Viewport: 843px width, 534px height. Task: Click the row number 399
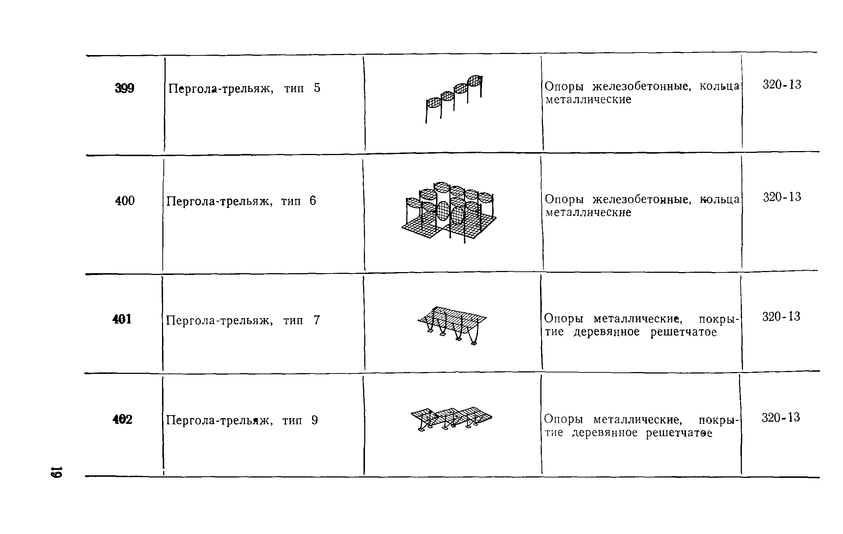tap(124, 88)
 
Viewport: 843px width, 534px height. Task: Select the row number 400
tap(125, 201)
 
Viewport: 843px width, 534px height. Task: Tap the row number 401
tap(122, 320)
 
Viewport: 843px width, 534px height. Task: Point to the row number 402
tap(122, 420)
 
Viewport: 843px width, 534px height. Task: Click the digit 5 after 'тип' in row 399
tap(317, 88)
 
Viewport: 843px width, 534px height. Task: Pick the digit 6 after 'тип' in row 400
tap(313, 201)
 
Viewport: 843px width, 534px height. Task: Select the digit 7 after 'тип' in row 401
tap(317, 320)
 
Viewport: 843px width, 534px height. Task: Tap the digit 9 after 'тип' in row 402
tap(314, 421)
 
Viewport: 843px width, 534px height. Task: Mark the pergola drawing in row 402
tap(452, 418)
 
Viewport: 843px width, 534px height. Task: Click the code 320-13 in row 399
tap(782, 85)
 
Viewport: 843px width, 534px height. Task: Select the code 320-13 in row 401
tap(781, 317)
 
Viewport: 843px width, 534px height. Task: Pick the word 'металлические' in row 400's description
tap(588, 213)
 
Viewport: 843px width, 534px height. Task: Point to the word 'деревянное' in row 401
tap(607, 332)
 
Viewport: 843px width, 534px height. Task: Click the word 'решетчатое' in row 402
tap(679, 433)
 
